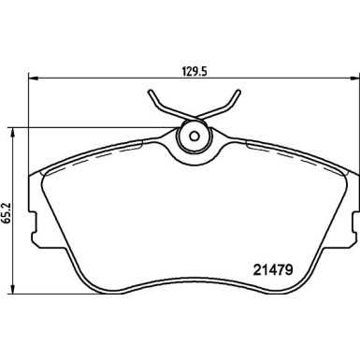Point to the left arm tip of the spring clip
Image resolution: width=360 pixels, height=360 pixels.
pos(150,93)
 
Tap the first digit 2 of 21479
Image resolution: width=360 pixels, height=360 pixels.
pos(256,271)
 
